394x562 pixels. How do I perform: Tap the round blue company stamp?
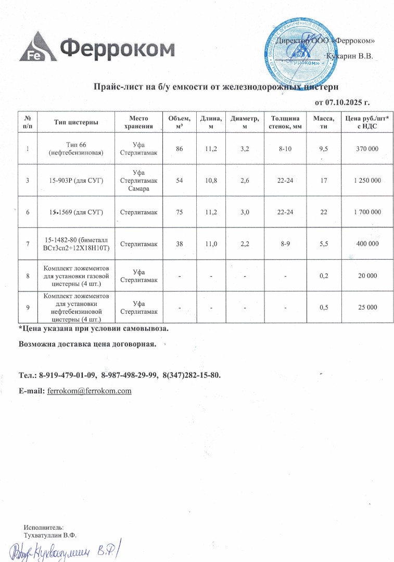298,50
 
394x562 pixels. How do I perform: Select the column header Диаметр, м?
245,123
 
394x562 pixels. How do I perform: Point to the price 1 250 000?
366,180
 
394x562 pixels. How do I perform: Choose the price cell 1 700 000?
366,212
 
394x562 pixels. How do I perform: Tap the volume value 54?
179,180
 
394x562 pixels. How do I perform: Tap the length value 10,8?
211,180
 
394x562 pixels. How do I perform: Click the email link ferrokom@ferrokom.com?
89,391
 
